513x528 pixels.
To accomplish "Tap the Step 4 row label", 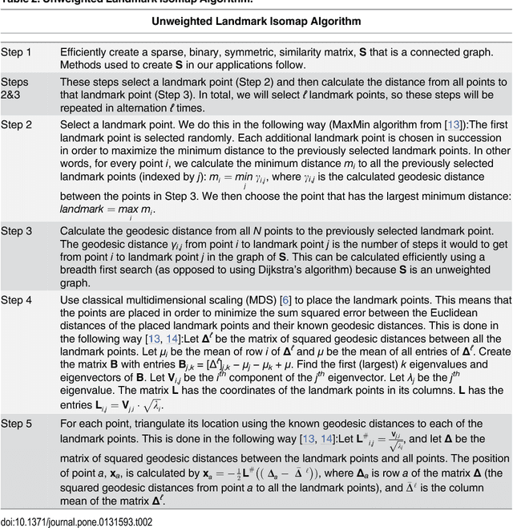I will pos(16,300).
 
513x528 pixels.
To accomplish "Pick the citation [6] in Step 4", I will pos(285,300).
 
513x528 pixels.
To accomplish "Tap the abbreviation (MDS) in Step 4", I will pos(259,300).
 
